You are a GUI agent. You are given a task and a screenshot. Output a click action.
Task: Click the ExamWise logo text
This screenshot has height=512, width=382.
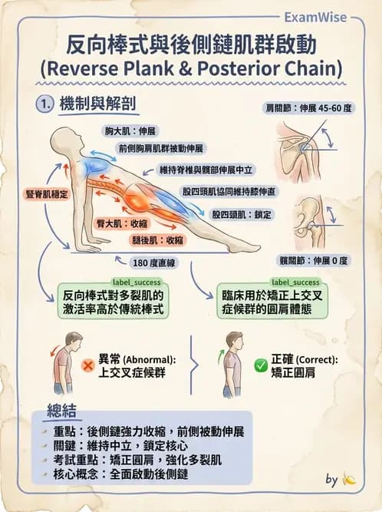314,16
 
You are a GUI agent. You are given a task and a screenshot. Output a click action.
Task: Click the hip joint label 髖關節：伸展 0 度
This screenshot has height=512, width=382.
318,260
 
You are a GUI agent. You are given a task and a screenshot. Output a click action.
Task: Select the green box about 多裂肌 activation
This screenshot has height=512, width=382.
114,302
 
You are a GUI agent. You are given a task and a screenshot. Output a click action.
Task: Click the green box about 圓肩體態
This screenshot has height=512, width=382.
272,302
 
